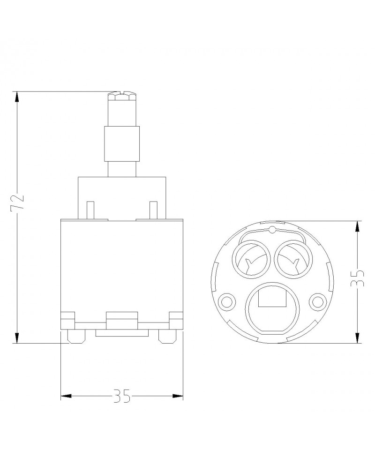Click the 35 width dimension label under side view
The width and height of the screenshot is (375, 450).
point(122,396)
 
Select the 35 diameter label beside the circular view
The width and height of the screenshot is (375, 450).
point(358,278)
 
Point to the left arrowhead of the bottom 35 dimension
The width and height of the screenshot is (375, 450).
point(66,396)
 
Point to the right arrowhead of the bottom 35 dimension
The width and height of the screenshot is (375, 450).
point(178,396)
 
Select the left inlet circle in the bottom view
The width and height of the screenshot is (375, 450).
point(252,259)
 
